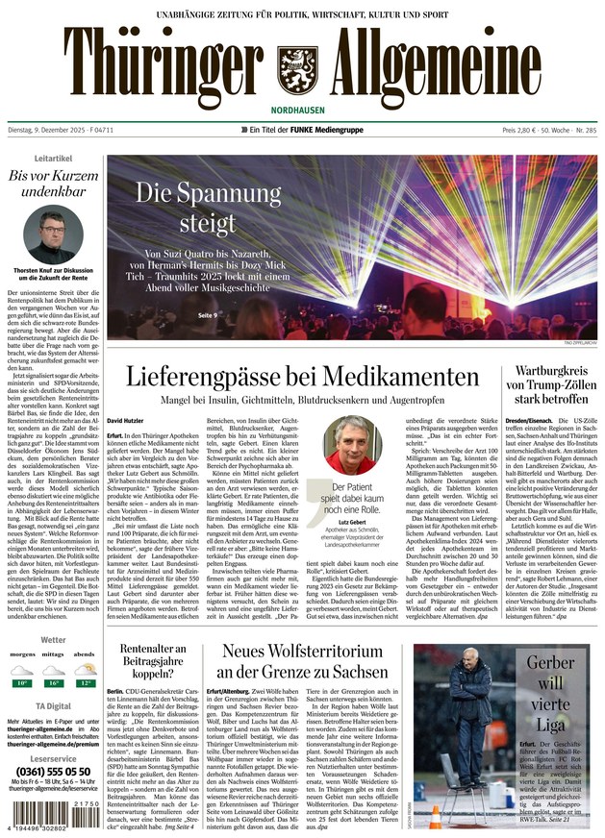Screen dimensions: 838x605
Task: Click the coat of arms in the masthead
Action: [x=297, y=67]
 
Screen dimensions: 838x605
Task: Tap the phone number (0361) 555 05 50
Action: [x=52, y=772]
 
